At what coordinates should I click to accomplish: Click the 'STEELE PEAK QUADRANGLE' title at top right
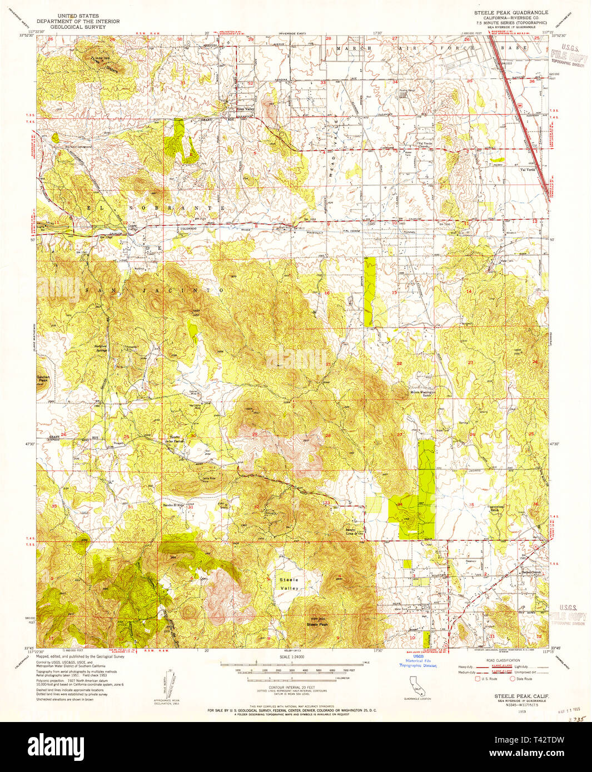coord(510,12)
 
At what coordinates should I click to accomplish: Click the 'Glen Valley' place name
coord(245,109)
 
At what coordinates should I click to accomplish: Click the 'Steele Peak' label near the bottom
coord(317,624)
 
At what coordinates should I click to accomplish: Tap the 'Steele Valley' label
coord(288,584)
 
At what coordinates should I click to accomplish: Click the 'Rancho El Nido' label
coord(172,505)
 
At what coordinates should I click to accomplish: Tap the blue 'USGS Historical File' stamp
coord(417,660)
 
